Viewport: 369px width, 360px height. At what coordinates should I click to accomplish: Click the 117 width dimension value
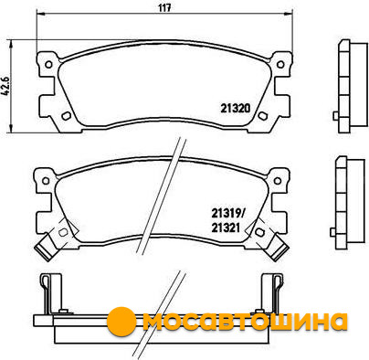coord(164,7)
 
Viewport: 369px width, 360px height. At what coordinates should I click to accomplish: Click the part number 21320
coord(236,108)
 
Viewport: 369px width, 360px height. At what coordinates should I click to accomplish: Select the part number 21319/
coord(227,214)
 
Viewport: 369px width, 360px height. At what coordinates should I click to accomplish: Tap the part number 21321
coord(226,228)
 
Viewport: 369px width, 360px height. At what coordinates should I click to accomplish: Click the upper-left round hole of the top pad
coord(48,65)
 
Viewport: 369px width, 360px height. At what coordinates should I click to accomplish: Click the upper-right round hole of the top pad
coord(280,64)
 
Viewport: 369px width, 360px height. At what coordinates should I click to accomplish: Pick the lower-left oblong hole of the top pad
coord(66,116)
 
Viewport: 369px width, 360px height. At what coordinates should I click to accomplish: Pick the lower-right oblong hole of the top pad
coord(262,116)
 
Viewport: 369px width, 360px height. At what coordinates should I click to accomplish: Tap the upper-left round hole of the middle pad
coord(46,181)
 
